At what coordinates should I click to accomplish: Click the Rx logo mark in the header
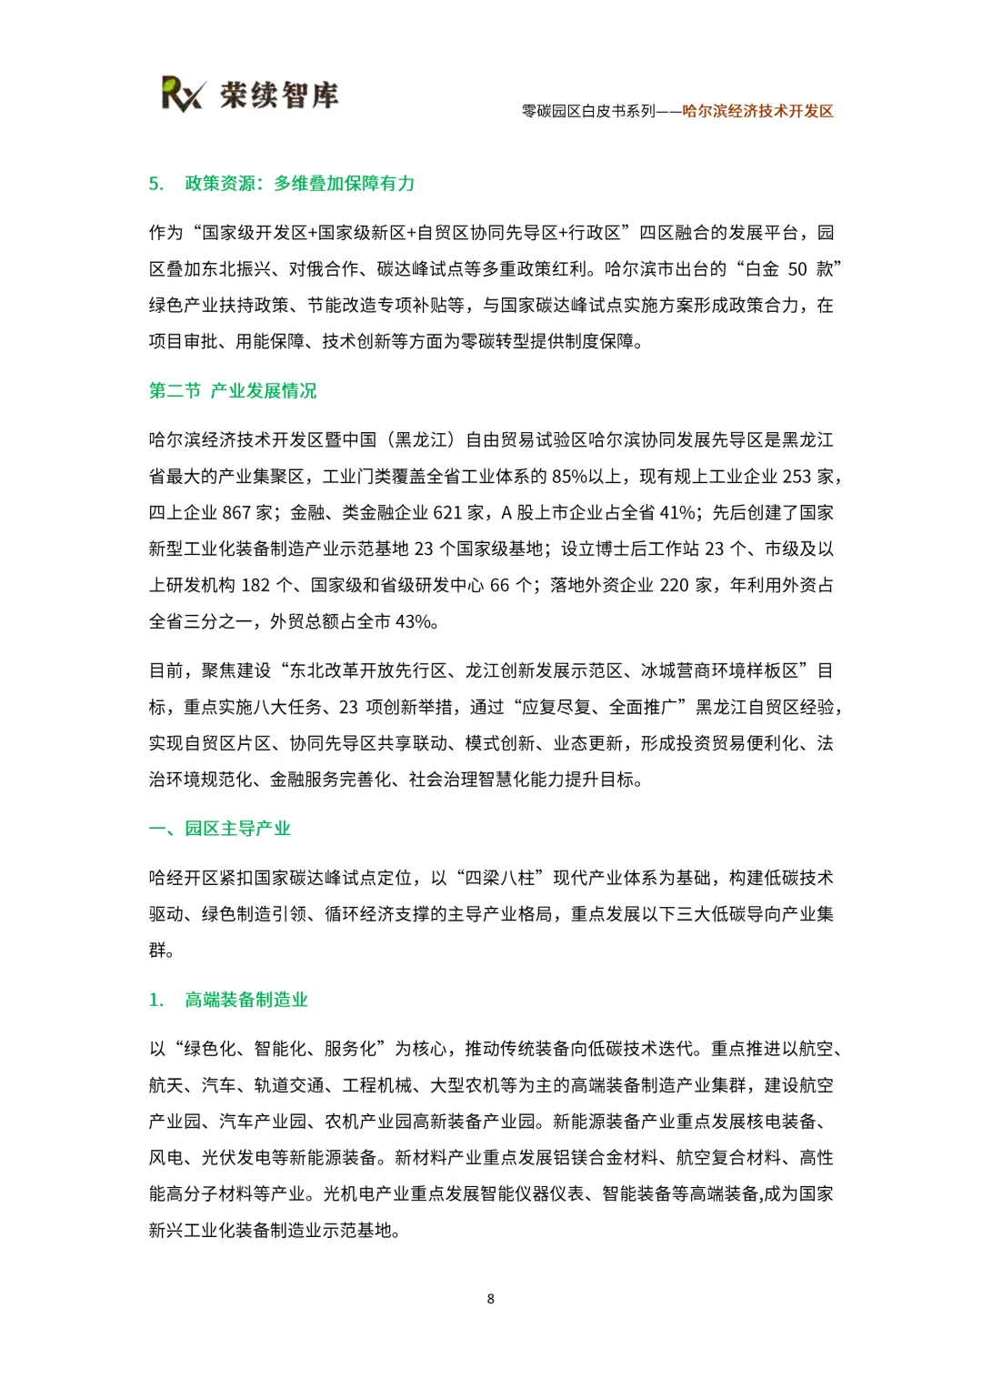(x=183, y=94)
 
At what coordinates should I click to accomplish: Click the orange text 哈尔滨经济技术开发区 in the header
(x=757, y=111)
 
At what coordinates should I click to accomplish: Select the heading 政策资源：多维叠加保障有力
(x=299, y=184)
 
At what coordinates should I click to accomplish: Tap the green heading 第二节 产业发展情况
(x=233, y=391)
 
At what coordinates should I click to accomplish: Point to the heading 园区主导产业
(x=237, y=829)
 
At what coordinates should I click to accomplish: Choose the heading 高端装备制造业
(x=245, y=1000)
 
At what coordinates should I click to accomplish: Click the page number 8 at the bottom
(x=491, y=1299)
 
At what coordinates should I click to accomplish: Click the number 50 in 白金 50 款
(x=797, y=269)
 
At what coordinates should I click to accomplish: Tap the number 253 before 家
(x=797, y=477)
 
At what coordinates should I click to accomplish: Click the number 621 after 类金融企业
(x=448, y=513)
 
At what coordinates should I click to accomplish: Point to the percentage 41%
(x=677, y=513)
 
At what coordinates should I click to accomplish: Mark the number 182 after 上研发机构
(x=256, y=586)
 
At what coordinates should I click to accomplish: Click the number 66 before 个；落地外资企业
(x=499, y=586)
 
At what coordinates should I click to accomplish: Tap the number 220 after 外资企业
(x=674, y=586)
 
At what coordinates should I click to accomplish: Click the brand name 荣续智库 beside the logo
(x=278, y=95)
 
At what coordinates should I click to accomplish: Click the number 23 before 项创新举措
(x=348, y=708)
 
